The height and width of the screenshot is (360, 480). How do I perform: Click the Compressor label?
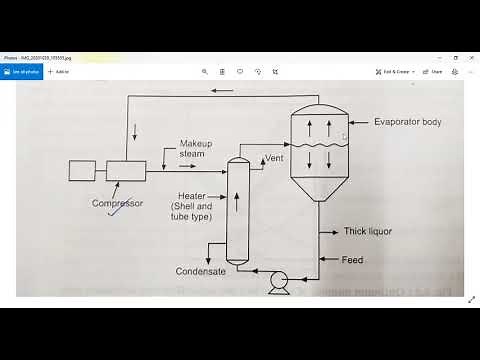(x=118, y=203)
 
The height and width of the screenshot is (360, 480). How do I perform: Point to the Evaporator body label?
(x=406, y=122)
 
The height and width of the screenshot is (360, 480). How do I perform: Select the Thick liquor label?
(x=368, y=232)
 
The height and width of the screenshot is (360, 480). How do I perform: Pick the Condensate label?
(x=200, y=271)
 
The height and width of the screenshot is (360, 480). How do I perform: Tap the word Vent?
(x=274, y=159)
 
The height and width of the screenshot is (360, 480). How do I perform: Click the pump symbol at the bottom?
(x=279, y=278)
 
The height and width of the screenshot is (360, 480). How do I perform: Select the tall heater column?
(x=237, y=210)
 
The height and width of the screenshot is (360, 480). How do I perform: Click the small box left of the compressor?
(x=82, y=170)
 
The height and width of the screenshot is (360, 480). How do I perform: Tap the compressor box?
(x=126, y=170)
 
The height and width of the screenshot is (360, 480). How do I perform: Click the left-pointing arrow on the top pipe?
(x=222, y=91)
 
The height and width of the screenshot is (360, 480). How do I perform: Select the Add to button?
(x=58, y=72)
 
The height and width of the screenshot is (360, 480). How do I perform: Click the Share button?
(x=434, y=72)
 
